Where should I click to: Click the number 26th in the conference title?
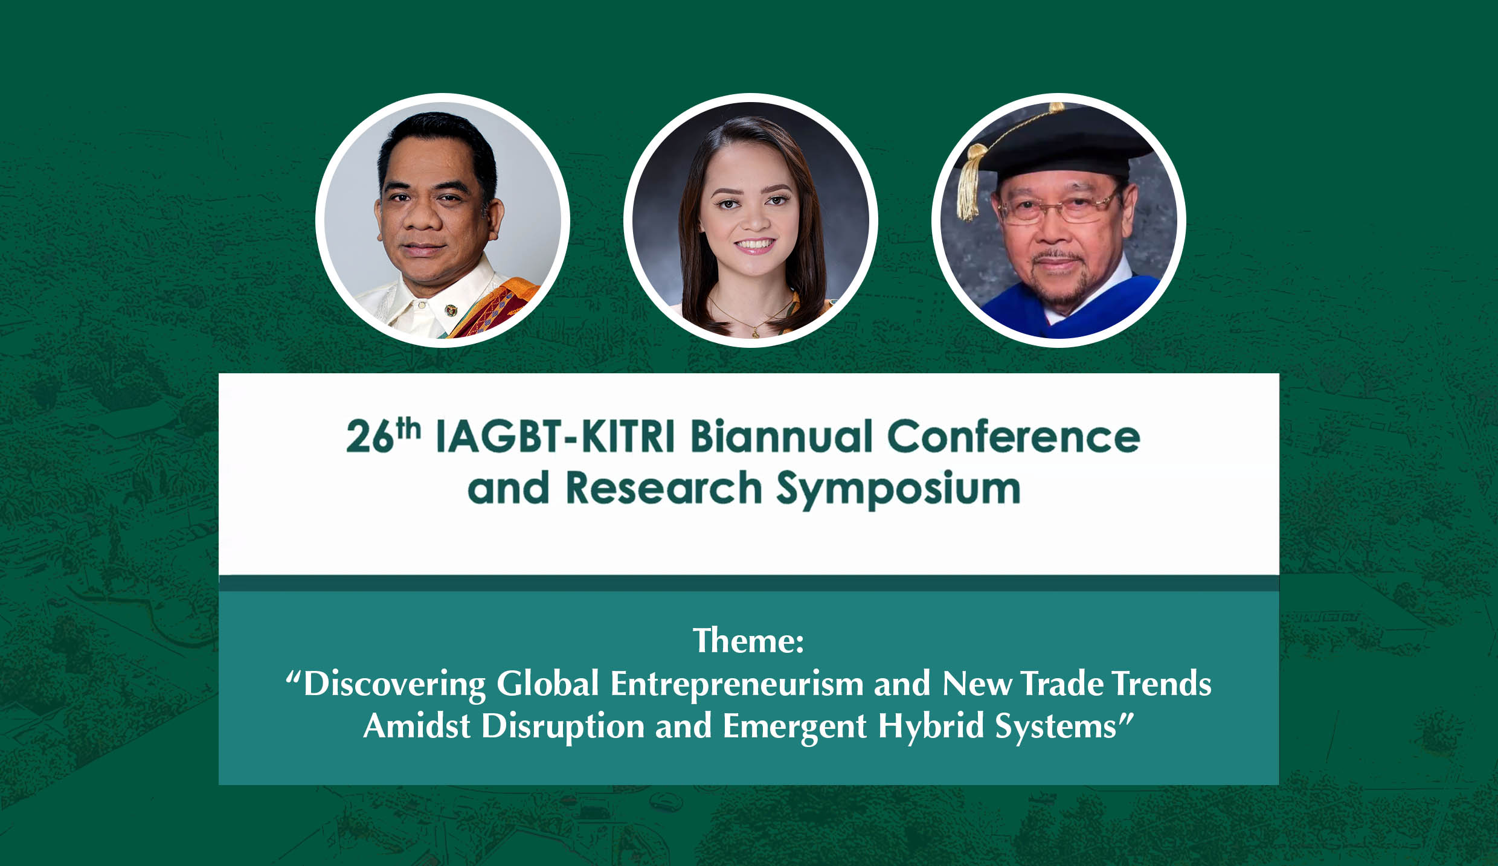(x=383, y=435)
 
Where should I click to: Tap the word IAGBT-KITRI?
(x=555, y=437)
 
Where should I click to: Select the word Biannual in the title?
(x=782, y=435)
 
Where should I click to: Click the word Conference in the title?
(x=1014, y=436)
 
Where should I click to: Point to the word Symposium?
(x=898, y=489)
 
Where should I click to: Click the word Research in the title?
(x=664, y=487)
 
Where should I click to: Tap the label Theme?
(x=748, y=641)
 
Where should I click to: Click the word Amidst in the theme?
(x=417, y=725)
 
